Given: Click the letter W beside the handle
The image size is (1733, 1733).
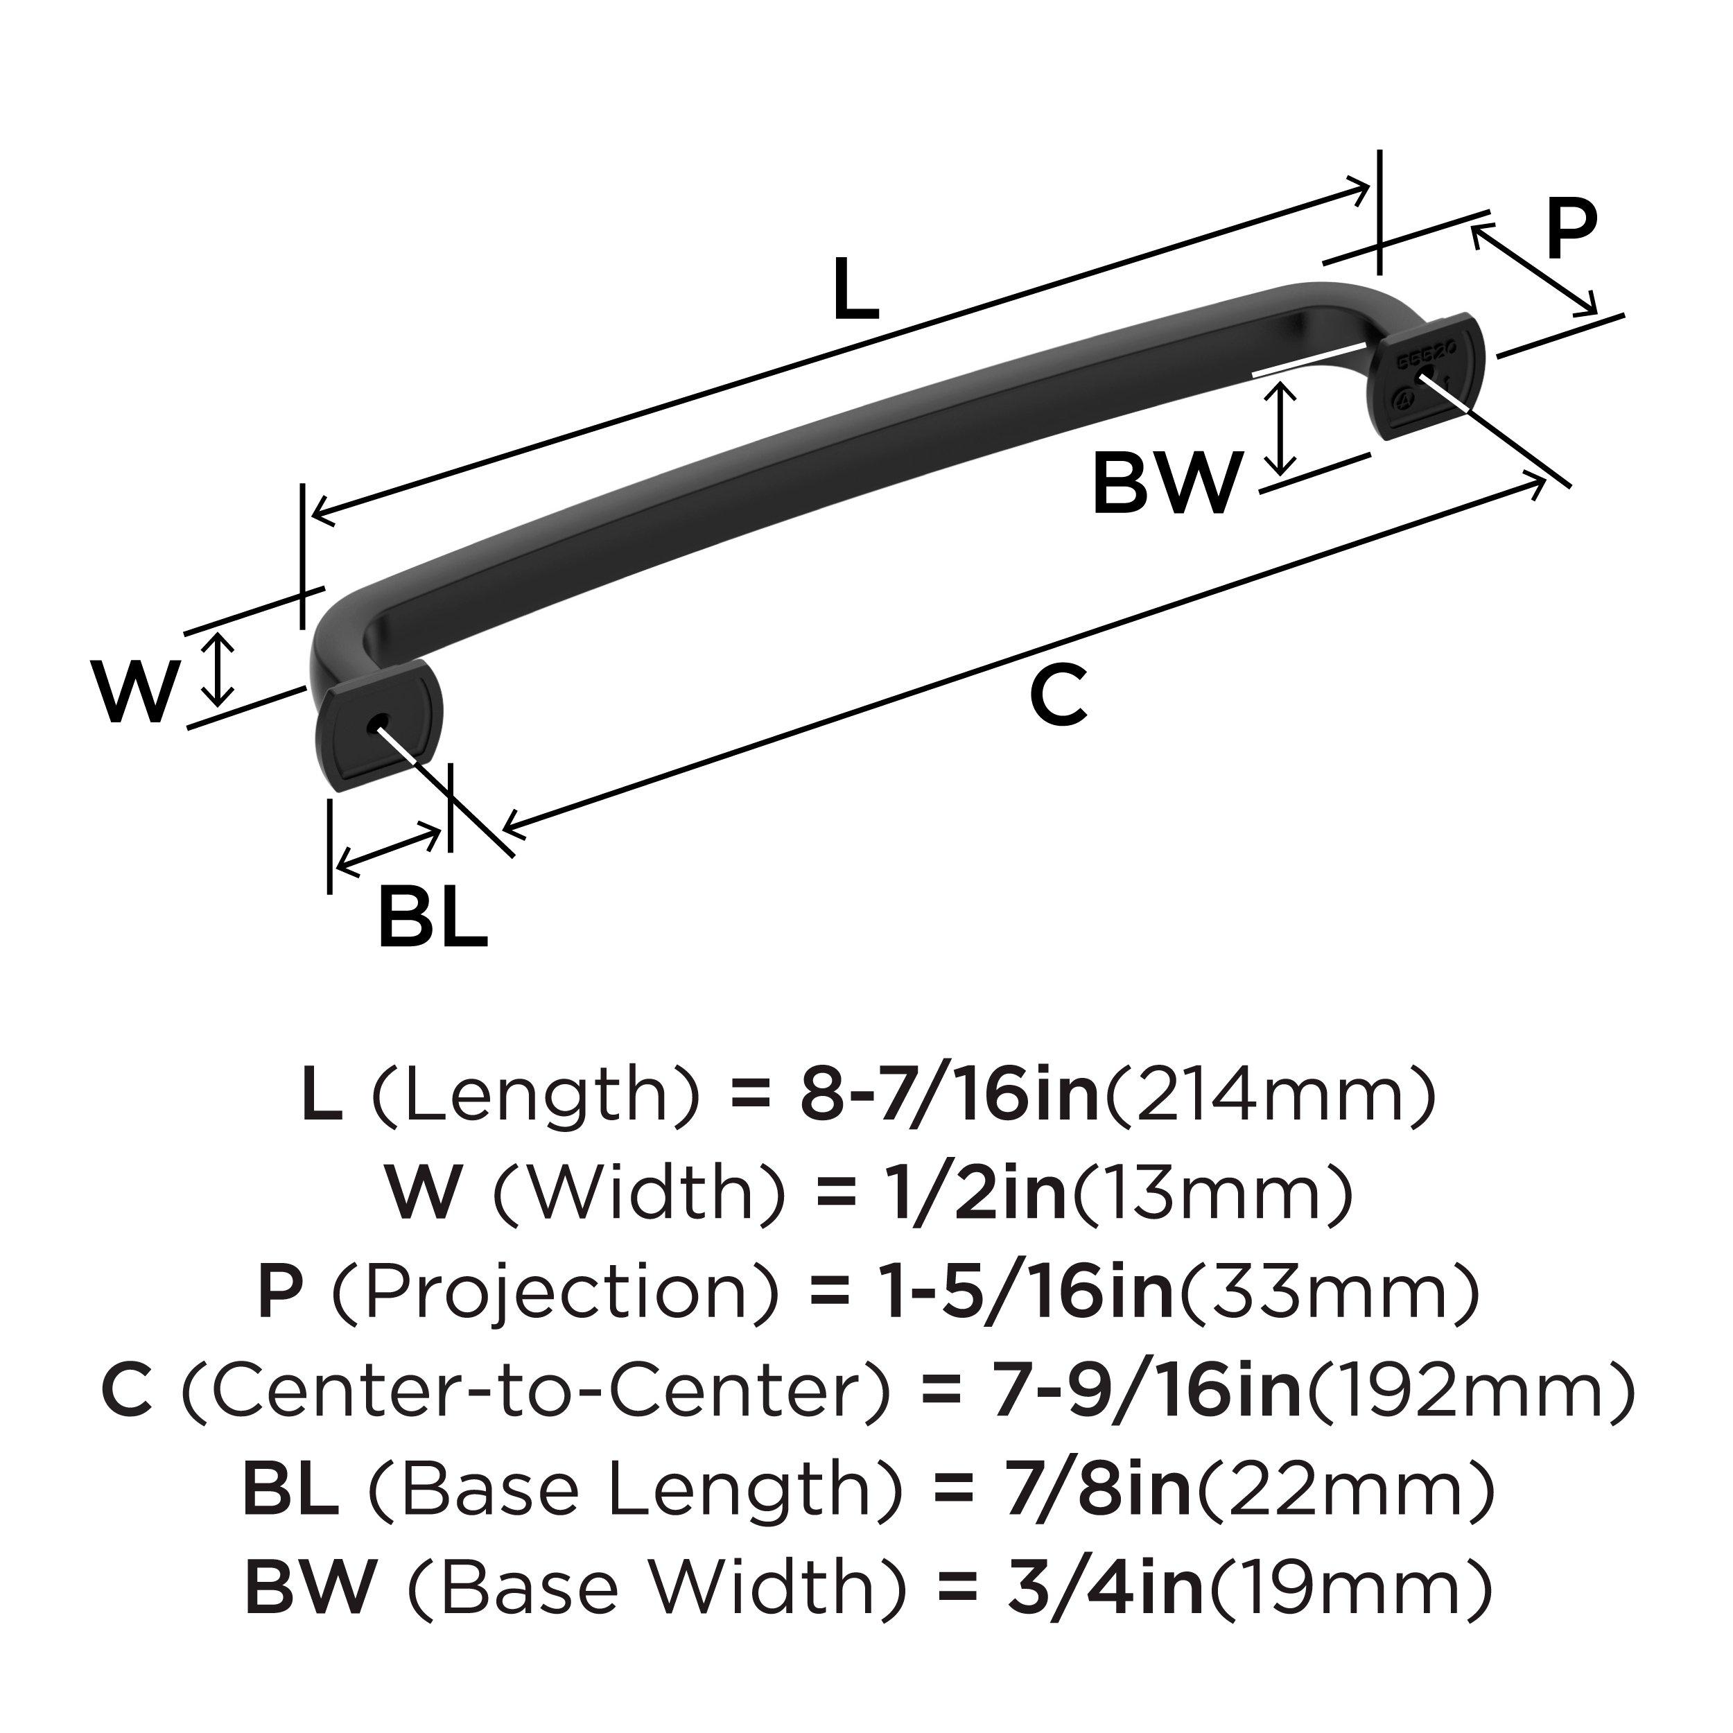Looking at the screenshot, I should [x=134, y=693].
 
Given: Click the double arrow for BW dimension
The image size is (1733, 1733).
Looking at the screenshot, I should [x=1284, y=427].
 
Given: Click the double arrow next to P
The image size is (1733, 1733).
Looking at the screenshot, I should [x=1535, y=270].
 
